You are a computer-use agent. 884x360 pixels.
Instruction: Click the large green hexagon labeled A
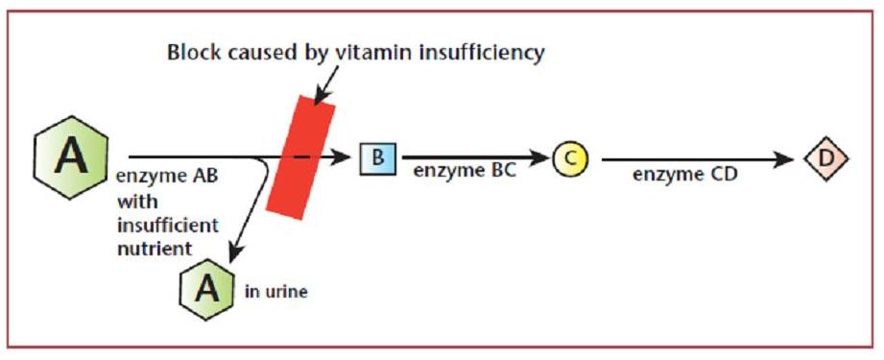click(71, 157)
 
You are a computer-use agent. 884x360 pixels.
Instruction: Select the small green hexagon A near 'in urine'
click(207, 290)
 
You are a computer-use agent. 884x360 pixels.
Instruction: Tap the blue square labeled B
click(378, 157)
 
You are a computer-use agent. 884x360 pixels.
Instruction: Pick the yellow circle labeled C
click(570, 158)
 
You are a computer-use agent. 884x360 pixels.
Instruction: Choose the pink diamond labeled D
click(826, 158)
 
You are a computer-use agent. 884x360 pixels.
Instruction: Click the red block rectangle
click(300, 157)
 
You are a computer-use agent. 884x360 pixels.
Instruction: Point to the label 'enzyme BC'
click(465, 172)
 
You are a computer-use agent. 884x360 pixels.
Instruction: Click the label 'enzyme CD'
click(684, 175)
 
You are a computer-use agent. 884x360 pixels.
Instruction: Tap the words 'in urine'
click(276, 293)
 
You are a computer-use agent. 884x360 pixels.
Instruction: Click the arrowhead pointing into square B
click(342, 157)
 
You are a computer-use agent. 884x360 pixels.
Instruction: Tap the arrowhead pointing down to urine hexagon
click(234, 253)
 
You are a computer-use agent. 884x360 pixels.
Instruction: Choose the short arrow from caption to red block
click(328, 84)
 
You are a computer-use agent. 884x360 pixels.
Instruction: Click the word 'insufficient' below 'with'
click(167, 225)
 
